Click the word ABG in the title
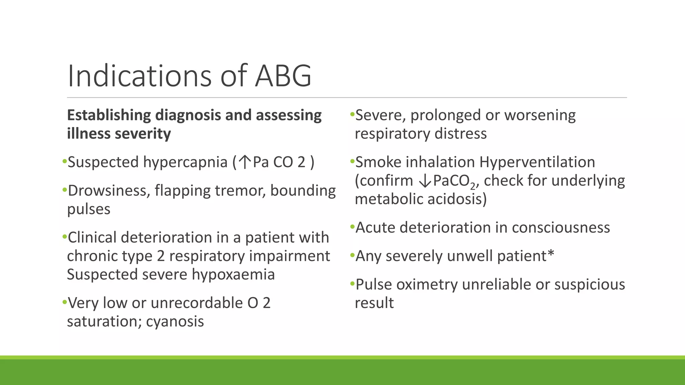283,76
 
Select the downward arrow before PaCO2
425,181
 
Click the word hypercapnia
185,163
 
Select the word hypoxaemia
233,275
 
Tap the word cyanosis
175,322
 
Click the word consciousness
561,228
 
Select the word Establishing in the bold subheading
109,116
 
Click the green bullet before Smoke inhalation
352,161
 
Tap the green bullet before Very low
64,302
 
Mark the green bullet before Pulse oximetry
352,284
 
